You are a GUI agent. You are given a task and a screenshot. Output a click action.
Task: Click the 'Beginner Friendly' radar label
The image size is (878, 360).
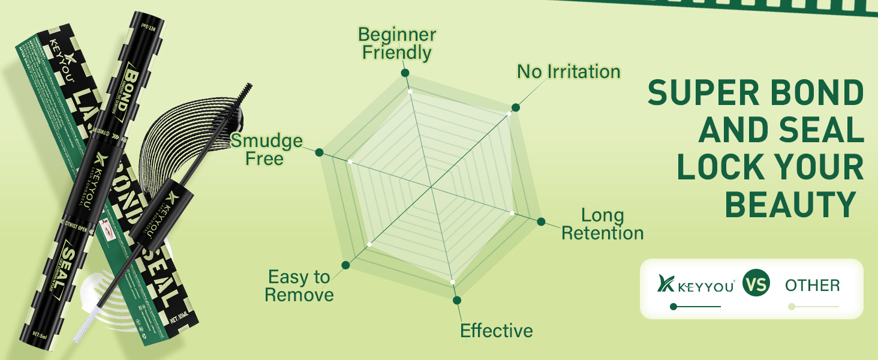click(x=396, y=43)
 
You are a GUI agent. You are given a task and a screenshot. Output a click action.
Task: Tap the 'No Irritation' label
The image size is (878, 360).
click(x=569, y=72)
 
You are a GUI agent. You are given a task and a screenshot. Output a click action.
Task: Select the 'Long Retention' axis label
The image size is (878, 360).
click(x=602, y=224)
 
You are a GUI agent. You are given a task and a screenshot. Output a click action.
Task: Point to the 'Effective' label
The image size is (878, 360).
click(x=496, y=331)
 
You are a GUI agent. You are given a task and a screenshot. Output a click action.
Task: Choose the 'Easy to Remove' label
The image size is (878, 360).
click(x=299, y=286)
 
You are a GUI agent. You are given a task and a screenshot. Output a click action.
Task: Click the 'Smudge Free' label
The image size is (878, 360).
click(x=266, y=149)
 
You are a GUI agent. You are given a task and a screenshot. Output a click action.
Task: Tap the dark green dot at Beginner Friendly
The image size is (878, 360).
click(x=405, y=73)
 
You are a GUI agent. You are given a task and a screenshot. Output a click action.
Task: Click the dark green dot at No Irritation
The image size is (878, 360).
click(x=515, y=107)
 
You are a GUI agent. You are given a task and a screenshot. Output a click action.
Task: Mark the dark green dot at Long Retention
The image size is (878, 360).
click(x=541, y=221)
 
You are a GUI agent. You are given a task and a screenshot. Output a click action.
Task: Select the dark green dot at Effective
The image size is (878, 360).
click(x=457, y=300)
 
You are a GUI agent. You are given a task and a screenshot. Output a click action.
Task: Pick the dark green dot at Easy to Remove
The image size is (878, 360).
click(x=345, y=265)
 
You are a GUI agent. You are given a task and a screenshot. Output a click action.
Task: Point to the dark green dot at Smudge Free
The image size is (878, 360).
click(x=320, y=152)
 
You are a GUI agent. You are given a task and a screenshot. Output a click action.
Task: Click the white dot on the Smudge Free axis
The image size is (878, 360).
click(x=350, y=162)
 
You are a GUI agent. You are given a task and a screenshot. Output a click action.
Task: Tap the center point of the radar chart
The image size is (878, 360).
click(x=432, y=187)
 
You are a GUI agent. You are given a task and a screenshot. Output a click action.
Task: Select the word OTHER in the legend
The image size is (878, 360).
click(x=812, y=286)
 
